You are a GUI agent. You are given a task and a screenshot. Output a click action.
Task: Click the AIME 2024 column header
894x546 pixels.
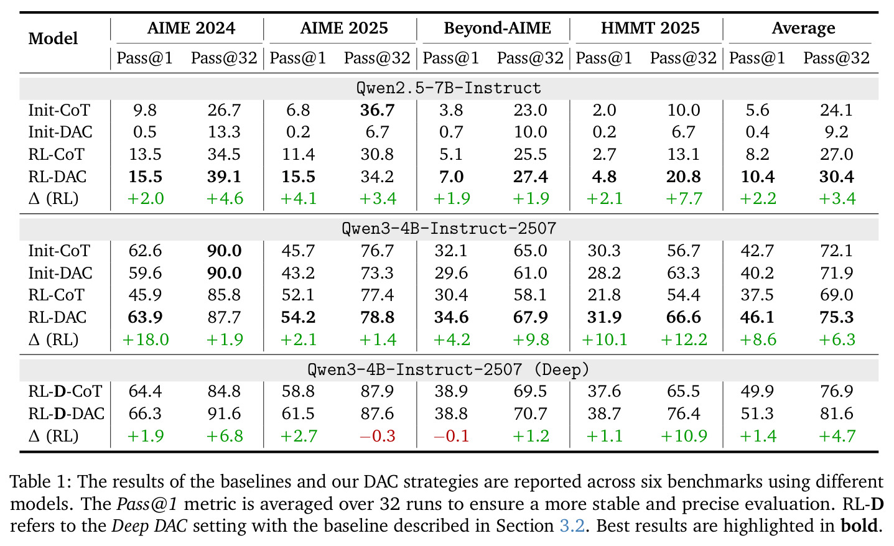coord(191,29)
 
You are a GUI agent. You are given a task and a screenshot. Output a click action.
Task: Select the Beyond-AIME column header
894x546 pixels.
coord(497,29)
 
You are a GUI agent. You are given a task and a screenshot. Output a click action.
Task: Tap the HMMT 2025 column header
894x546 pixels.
coord(650,29)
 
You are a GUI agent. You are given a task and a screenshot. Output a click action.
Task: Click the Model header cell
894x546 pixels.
coord(53,39)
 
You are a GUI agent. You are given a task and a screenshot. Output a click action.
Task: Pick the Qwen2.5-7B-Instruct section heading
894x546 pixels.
coord(449,88)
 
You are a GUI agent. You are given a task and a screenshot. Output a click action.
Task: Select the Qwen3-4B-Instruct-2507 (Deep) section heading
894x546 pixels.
coord(449,369)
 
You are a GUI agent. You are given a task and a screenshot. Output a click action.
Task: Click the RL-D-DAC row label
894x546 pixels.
coord(66,414)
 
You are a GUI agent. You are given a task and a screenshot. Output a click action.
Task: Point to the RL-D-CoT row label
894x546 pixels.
coord(65,391)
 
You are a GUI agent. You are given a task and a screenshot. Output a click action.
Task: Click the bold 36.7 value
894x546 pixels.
coord(377,110)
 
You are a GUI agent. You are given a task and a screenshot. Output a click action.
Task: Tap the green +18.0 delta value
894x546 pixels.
coord(146,340)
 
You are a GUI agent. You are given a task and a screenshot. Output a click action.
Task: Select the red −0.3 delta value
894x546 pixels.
coord(378,436)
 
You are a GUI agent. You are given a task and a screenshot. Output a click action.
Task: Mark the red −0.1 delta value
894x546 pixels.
coord(451,436)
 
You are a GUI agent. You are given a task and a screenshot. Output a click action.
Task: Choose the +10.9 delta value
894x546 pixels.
coord(684,436)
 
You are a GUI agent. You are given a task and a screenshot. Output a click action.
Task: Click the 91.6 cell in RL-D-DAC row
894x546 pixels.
coord(224,414)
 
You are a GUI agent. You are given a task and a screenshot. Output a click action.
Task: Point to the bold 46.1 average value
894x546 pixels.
coord(757,318)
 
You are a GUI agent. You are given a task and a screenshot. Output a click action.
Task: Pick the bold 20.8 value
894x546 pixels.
coord(683,177)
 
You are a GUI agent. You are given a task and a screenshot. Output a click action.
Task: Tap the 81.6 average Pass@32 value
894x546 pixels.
coord(837,414)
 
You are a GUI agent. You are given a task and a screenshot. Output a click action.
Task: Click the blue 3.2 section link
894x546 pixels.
coord(572,525)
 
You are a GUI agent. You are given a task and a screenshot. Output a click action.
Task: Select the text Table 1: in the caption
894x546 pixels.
coord(40,482)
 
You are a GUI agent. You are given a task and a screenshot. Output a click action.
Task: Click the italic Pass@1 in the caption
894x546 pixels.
coord(147,504)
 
